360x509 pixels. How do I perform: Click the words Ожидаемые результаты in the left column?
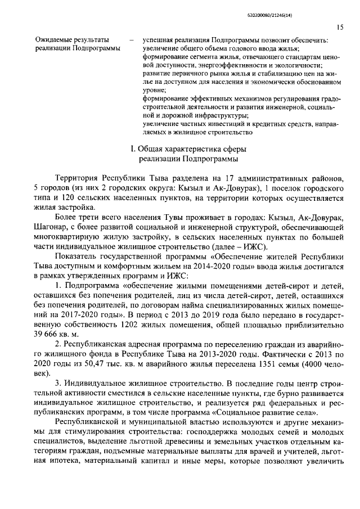pyautogui.click(x=72, y=40)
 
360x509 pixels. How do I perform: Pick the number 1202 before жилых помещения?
pyautogui.click(x=131, y=325)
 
